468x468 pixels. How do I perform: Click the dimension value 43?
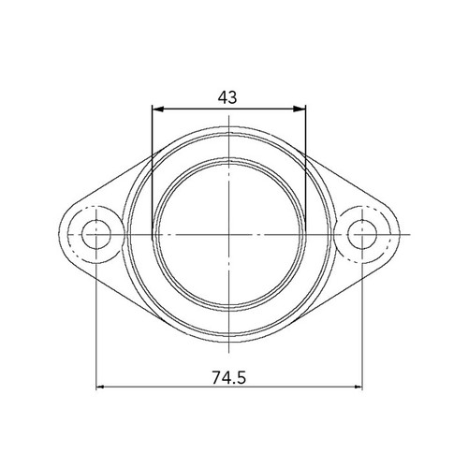[228, 95]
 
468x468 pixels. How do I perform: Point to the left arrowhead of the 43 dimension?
[156, 110]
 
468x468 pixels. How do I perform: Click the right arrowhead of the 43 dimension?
[301, 110]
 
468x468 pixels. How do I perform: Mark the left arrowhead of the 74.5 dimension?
[102, 387]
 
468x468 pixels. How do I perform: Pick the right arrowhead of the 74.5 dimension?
[356, 387]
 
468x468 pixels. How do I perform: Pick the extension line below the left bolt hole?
[96, 318]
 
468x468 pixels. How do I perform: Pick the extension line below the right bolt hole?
[361, 318]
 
